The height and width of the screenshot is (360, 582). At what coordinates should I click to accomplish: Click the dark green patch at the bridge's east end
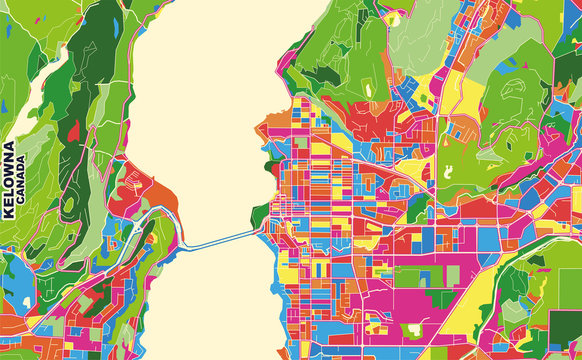click(259, 215)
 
